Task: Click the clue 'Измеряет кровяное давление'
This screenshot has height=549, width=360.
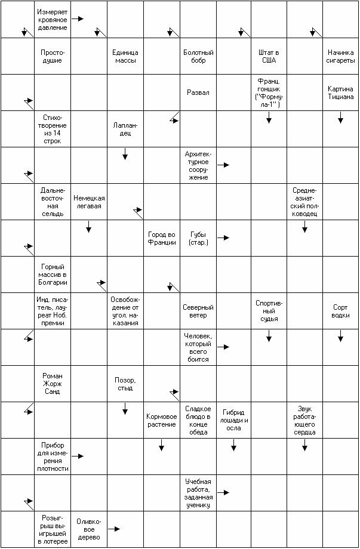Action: point(52,20)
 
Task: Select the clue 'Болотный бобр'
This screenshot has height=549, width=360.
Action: point(198,57)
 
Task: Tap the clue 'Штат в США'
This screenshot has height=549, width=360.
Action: point(269,57)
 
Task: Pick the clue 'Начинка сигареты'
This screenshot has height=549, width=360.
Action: point(341,57)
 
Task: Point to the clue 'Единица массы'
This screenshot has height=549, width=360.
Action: point(125,57)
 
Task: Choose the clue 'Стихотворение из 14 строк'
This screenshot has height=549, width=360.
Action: point(52,129)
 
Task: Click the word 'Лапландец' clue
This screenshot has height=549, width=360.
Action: point(125,129)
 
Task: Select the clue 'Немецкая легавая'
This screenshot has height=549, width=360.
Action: point(88,202)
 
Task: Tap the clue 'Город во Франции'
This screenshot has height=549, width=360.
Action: point(161,238)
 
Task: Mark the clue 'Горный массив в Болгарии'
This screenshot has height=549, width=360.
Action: point(52,274)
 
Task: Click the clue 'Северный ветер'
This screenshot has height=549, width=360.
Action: point(198,311)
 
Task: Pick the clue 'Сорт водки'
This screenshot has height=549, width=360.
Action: point(340,311)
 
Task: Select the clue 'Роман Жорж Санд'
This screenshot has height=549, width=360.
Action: point(52,384)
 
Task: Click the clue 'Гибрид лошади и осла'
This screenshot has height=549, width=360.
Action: point(233,420)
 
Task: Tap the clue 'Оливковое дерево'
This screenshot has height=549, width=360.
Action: point(88,529)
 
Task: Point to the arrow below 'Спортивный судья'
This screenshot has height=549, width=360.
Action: point(269,338)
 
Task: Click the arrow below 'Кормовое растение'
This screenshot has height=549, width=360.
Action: point(161,445)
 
